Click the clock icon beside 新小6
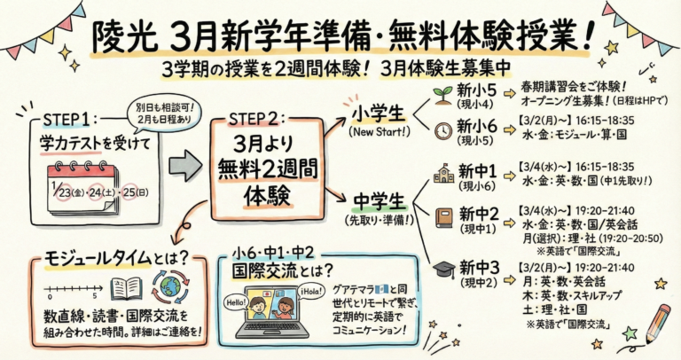[443, 130]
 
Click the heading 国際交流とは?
[278, 270]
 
